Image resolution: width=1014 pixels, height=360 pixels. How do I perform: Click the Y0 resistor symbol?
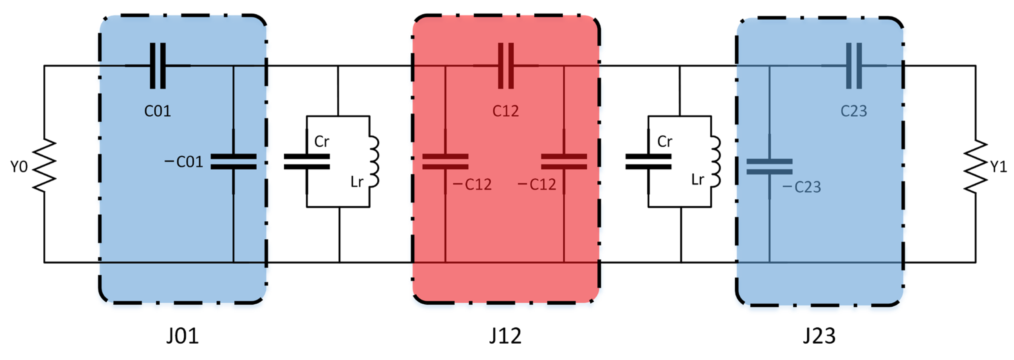[x=44, y=165]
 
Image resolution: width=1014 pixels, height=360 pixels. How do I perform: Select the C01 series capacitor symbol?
[x=158, y=66]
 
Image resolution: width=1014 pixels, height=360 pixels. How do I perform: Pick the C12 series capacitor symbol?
[x=506, y=66]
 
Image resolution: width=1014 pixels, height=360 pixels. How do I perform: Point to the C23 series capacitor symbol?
[x=854, y=66]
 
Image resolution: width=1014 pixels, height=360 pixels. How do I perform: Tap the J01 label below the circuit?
[x=182, y=336]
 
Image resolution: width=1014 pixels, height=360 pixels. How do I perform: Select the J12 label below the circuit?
[x=505, y=336]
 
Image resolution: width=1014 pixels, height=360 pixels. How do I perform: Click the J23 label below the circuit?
[x=819, y=336]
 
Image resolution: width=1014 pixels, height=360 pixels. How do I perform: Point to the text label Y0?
[x=19, y=167]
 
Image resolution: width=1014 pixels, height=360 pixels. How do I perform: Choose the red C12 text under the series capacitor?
[x=506, y=111]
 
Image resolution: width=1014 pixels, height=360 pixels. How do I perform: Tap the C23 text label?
[x=854, y=111]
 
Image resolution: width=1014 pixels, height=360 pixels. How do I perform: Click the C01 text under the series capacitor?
[x=158, y=111]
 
